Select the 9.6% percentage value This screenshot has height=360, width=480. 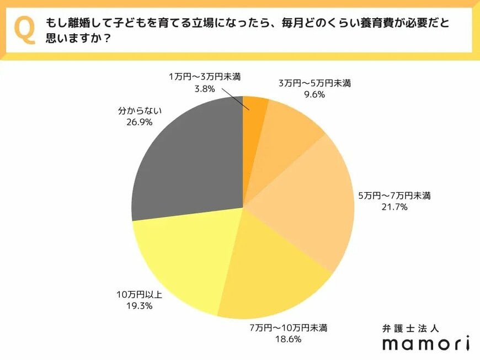[314, 94]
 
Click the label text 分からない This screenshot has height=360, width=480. [140, 110]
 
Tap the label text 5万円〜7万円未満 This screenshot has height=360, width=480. [394, 195]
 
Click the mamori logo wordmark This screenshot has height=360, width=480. [426, 343]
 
